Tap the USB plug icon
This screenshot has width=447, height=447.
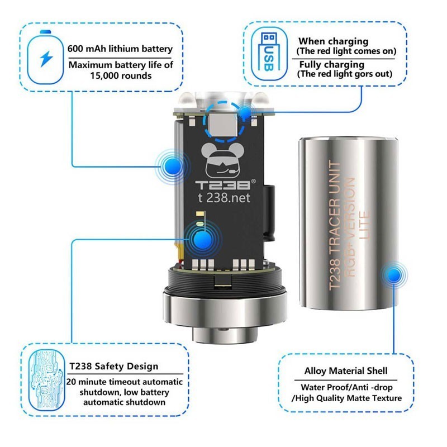pos(269,53)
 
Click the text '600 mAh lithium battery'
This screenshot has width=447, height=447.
pos(120,49)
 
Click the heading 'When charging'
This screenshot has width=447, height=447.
pos(333,41)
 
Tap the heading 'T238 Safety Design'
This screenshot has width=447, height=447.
pos(114,366)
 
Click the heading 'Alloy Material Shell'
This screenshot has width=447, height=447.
pos(346,371)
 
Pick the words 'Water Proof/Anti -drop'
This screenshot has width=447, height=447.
pos(346,387)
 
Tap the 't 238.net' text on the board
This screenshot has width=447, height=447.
pos(224,198)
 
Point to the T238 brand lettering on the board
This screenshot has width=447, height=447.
pos(222,185)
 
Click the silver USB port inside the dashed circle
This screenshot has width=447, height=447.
pos(222,125)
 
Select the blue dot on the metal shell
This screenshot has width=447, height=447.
pos(393,275)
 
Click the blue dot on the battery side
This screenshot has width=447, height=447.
pos(172,166)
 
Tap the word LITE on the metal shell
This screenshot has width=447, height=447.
pos(364,225)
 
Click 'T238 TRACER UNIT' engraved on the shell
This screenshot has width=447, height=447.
pos(335,225)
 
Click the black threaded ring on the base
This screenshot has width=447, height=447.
pos(225,280)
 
